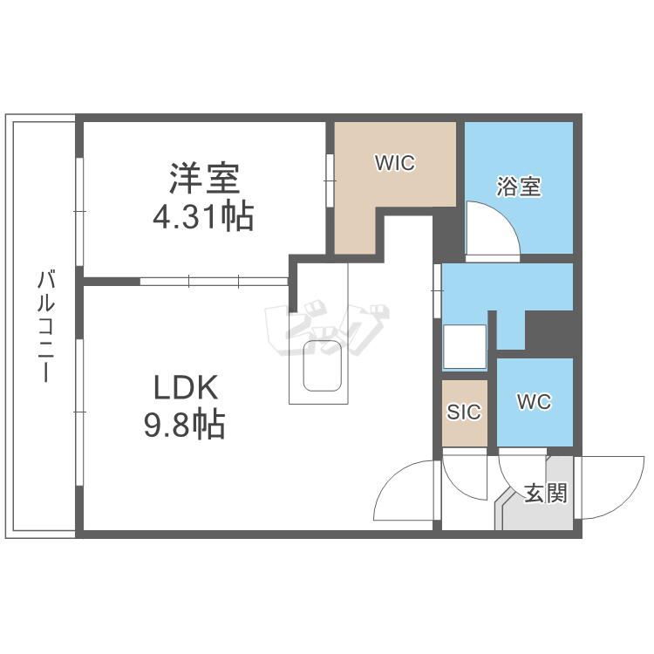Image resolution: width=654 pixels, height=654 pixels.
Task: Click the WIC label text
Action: click(x=394, y=163)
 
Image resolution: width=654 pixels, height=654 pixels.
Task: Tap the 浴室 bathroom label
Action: click(x=519, y=187)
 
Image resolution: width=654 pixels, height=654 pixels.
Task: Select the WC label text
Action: click(x=534, y=402)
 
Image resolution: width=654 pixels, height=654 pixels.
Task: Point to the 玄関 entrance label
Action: click(x=546, y=494)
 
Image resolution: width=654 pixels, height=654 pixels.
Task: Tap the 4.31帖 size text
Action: click(x=203, y=215)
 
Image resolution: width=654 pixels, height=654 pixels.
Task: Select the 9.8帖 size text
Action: click(x=184, y=425)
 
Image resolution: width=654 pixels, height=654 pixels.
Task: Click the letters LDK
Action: click(x=186, y=387)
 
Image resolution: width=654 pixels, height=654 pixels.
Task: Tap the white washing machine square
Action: click(x=464, y=346)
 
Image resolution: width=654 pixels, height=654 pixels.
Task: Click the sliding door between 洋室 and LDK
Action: click(x=214, y=281)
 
